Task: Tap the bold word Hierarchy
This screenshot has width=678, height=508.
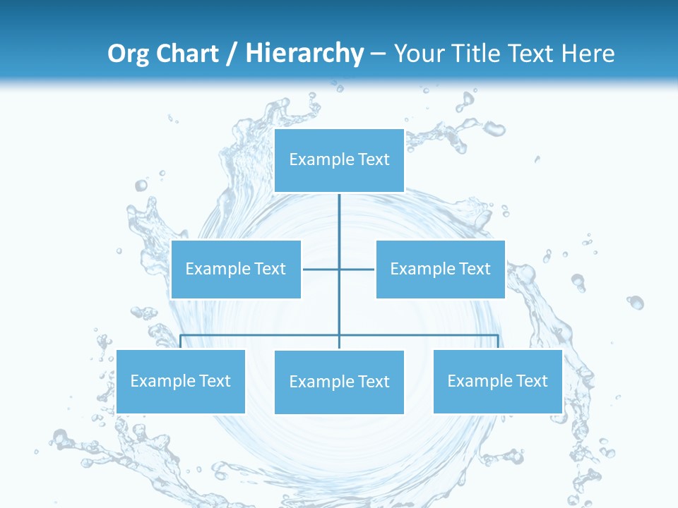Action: point(304,53)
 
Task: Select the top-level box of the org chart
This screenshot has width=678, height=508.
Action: point(339,160)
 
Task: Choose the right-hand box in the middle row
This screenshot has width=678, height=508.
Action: point(440,269)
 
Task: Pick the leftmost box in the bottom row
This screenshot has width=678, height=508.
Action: point(180,382)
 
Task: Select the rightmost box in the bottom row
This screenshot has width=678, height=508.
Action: point(497,382)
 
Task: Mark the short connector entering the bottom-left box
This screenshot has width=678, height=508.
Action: point(181,341)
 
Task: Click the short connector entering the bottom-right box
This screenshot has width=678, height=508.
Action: point(498,341)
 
